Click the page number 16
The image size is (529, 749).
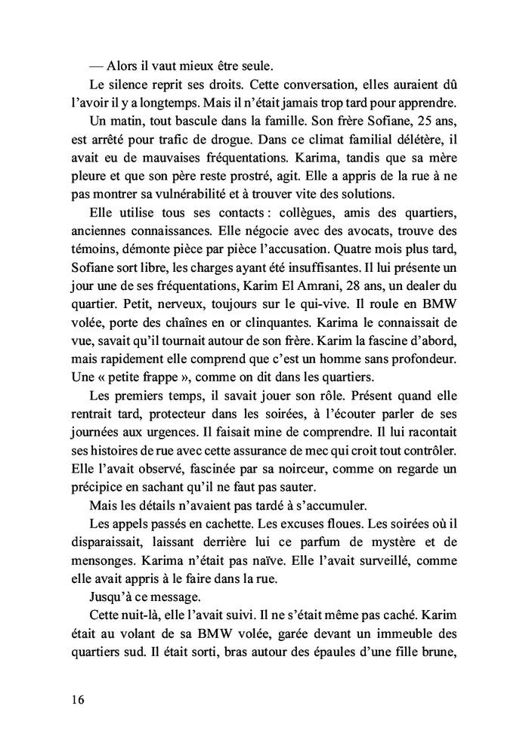pos(74,700)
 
